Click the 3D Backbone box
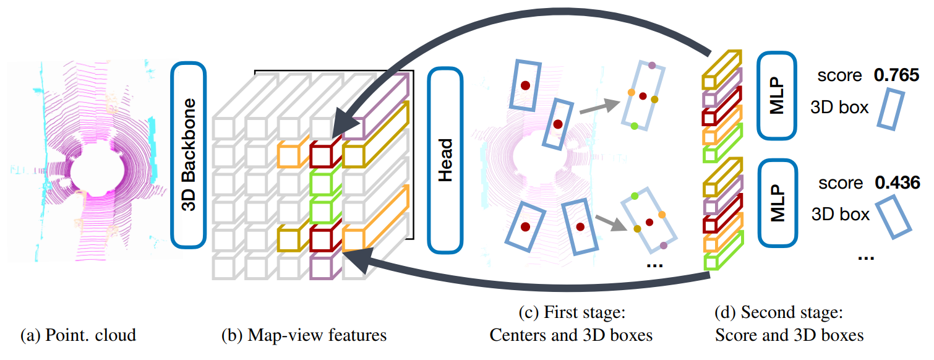[x=188, y=154]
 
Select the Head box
[x=445, y=160]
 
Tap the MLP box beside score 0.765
[x=777, y=96]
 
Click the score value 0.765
[x=895, y=75]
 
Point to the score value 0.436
[x=896, y=183]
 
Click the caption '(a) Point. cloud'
[x=78, y=336]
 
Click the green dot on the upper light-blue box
[x=635, y=126]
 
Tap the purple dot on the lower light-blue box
[x=664, y=246]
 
